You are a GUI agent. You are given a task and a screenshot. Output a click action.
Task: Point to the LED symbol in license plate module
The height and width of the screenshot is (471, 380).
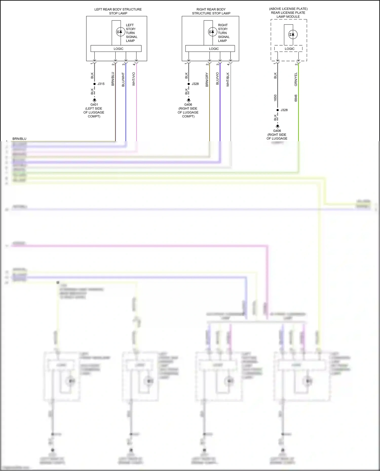point(293,34)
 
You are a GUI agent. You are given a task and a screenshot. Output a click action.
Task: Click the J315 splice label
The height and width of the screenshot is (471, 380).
point(101,84)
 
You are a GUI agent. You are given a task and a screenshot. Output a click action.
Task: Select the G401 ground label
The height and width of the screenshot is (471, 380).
point(94,105)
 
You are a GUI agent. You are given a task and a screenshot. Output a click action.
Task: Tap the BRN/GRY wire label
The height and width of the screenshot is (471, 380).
point(207,80)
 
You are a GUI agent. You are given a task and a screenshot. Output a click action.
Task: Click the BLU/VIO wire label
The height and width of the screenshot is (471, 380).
point(217,78)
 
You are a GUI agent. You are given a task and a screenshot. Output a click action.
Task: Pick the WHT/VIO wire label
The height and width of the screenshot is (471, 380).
point(134,79)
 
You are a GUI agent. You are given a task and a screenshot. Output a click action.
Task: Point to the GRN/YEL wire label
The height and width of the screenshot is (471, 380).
point(296,79)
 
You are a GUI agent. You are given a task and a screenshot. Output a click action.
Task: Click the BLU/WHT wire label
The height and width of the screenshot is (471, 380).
point(123,79)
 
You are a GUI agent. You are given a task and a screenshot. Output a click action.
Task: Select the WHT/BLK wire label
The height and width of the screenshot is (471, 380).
point(228,79)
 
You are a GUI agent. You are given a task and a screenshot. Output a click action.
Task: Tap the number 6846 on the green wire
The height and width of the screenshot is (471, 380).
point(296,98)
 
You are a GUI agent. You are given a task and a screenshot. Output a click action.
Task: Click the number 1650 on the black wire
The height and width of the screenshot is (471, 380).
point(275,98)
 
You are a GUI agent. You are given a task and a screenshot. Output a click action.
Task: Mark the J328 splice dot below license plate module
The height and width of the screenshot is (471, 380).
point(278,110)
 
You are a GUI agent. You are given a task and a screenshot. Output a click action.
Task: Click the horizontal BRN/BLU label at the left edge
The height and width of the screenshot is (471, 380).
point(19,139)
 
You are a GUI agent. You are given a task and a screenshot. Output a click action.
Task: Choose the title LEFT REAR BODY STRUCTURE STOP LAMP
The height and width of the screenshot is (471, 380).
point(118,11)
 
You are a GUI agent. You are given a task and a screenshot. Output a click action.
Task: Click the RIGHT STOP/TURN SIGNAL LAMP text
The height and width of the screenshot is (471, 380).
point(223,33)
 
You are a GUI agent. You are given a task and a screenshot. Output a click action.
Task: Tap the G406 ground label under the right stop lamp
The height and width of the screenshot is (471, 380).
point(188,105)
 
